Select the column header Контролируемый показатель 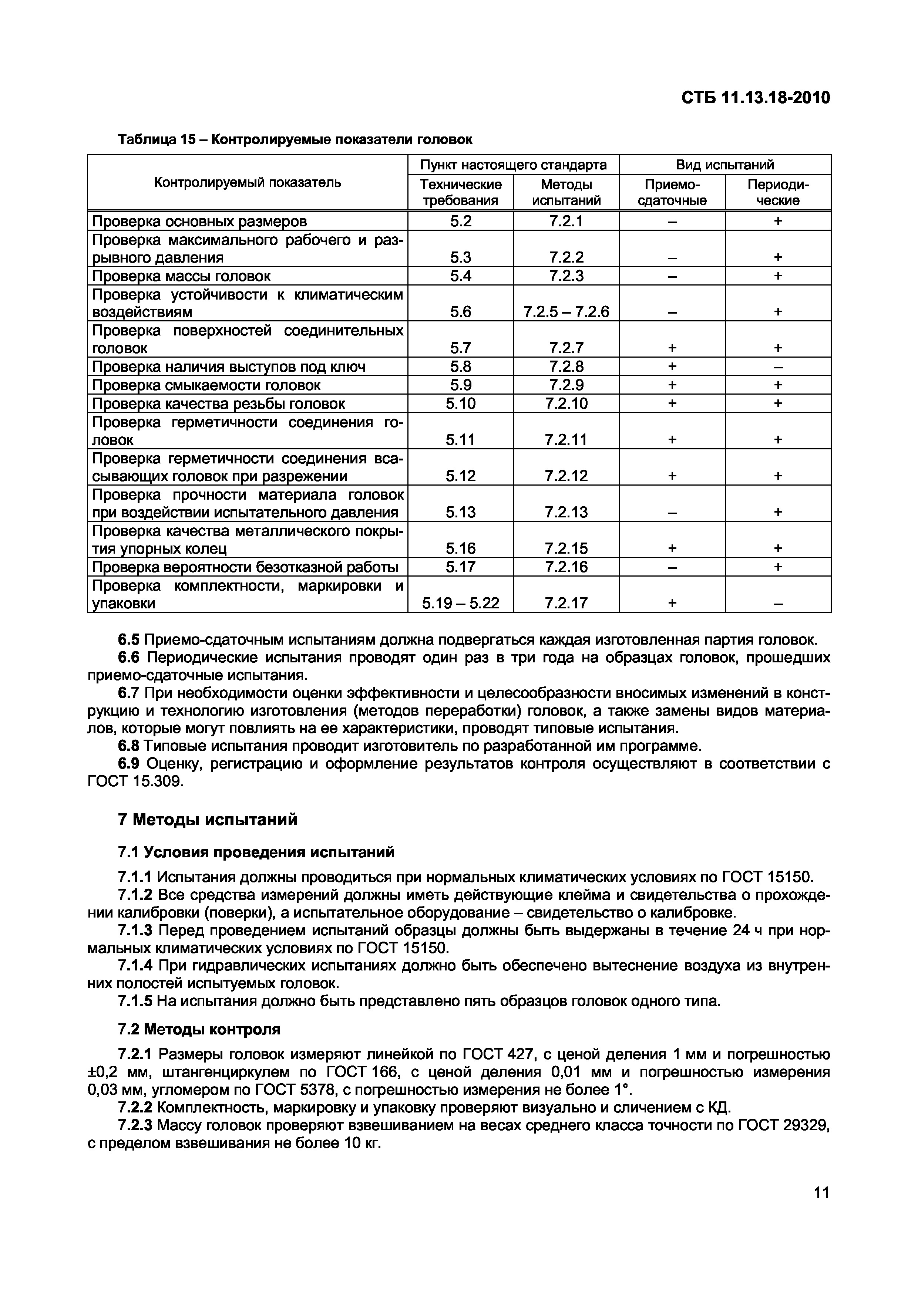click(248, 182)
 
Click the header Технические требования click(460, 192)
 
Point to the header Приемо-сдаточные click(672, 192)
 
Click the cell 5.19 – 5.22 click(460, 603)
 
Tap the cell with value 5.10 click(460, 404)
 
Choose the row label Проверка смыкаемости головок click(206, 385)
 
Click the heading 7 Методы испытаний click(208, 819)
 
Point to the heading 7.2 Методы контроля click(199, 1029)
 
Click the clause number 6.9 click(128, 764)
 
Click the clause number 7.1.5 click(135, 1001)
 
